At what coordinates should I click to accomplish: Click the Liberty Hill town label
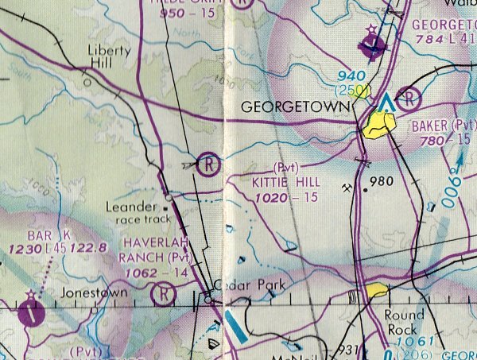(108, 56)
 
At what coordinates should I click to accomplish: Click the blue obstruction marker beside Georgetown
(386, 103)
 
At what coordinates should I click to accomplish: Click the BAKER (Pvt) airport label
(442, 126)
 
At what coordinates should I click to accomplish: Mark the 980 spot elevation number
(382, 182)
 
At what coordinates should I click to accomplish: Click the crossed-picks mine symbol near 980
(348, 188)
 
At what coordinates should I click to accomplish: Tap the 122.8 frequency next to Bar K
(89, 249)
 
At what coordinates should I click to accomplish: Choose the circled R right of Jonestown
(163, 295)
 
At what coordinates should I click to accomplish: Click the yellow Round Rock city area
(376, 291)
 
